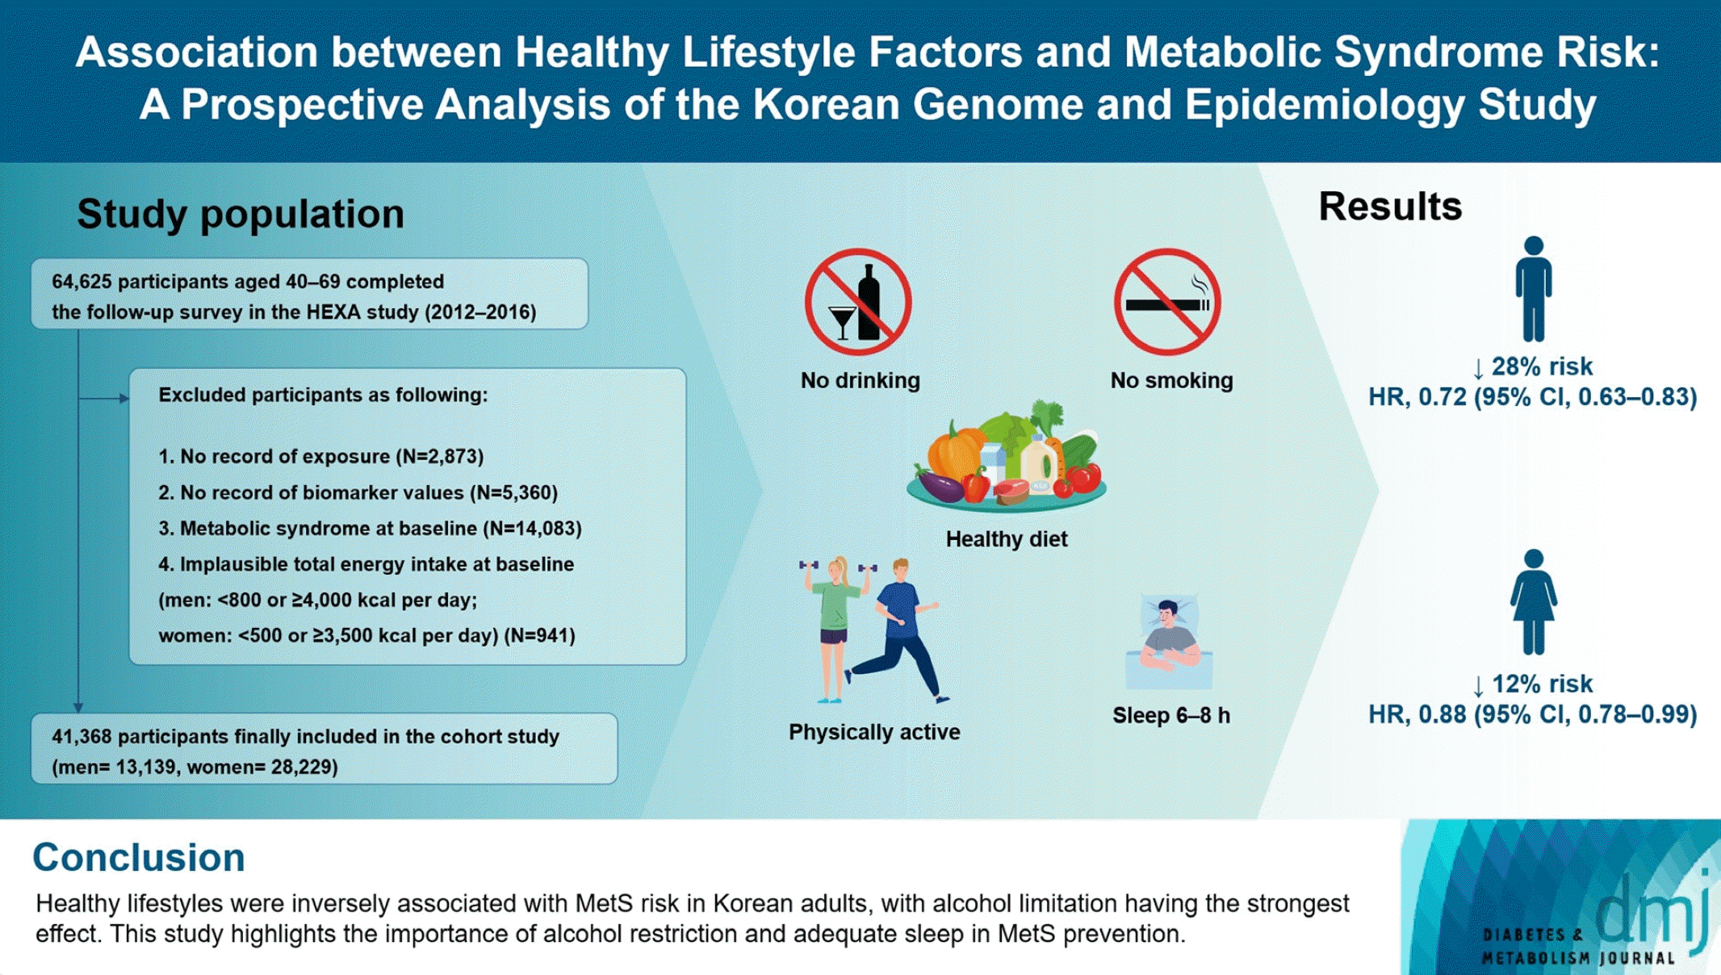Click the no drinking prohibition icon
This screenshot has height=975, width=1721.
tap(858, 302)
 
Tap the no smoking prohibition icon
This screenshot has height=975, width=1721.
tap(1167, 302)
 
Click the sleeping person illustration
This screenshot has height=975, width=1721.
tap(1169, 642)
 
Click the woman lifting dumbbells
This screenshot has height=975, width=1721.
tap(833, 626)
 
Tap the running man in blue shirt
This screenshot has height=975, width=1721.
tap(899, 630)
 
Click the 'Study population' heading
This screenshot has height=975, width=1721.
tap(241, 214)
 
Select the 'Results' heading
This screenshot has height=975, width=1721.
tap(1390, 207)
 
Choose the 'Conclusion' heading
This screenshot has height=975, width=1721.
tap(138, 857)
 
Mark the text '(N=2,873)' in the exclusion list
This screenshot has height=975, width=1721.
tap(440, 457)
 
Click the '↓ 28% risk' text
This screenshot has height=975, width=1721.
tap(1533, 367)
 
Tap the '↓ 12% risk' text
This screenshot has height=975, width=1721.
tap(1533, 684)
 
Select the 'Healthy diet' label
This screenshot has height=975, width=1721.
tap(1007, 539)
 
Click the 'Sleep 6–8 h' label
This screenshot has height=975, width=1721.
tap(1171, 716)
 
